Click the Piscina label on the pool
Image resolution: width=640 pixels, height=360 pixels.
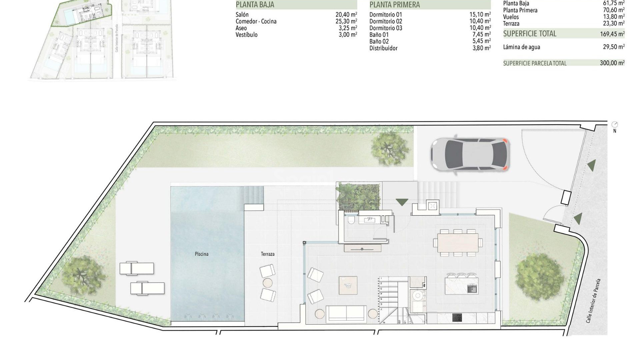click(201, 254)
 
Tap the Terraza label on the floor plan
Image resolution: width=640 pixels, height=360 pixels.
click(268, 254)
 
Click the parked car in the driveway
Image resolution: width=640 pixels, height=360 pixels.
click(470, 154)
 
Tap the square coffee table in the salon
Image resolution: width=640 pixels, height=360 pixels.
click(348, 285)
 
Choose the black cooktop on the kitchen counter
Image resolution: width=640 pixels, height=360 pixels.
click(457, 318)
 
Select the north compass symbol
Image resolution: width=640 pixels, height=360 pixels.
click(615, 125)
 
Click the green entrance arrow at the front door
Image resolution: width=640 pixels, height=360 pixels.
click(402, 202)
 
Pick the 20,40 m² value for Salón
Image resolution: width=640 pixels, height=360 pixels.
click(346, 15)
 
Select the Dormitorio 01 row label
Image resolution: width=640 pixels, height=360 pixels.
click(386, 15)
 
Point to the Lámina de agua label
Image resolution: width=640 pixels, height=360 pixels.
click(521, 47)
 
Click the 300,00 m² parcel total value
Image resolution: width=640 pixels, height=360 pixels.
click(612, 63)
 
